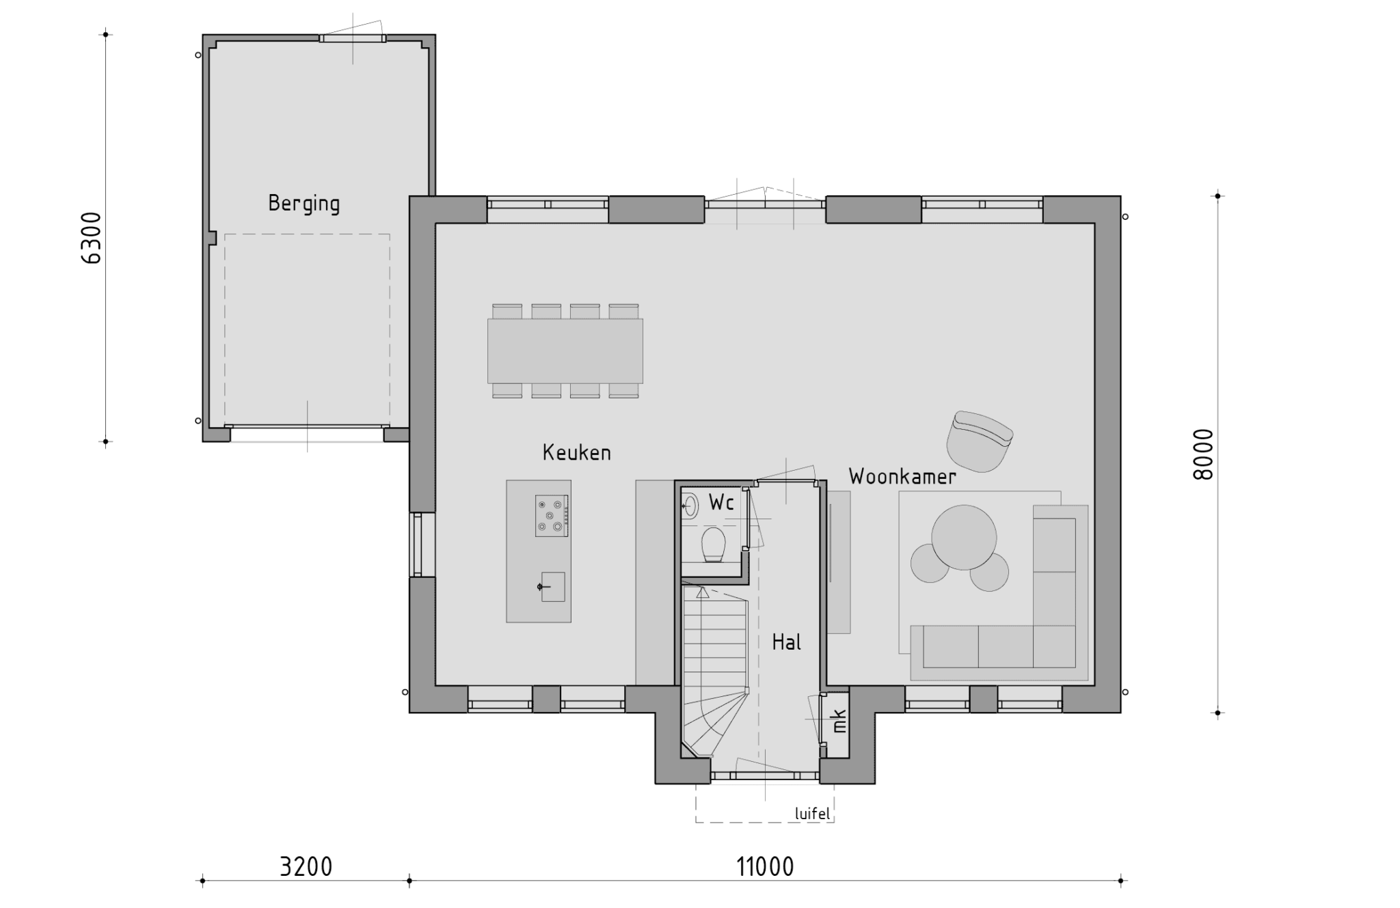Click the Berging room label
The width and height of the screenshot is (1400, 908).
pos(304,204)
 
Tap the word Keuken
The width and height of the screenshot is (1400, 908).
pos(576,452)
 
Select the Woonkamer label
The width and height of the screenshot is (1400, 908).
pos(902,476)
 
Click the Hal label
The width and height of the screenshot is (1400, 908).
pos(786,642)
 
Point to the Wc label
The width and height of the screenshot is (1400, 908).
pos(721,502)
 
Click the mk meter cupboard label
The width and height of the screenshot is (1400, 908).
pos(839,721)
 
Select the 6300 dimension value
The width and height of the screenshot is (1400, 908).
pos(91,238)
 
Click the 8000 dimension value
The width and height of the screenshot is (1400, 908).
pos(1202,454)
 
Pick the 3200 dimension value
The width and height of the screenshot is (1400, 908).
pos(306,866)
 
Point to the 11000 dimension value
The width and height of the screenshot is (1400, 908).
pos(765,866)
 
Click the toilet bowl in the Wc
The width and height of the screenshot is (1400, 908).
pos(713,545)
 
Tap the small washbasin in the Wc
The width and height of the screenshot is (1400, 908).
pos(690,506)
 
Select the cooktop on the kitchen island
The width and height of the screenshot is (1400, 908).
pos(552,516)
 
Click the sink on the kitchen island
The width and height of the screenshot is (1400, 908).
pos(552,587)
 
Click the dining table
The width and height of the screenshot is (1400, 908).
pos(565,351)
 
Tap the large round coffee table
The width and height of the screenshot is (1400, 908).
pos(964,537)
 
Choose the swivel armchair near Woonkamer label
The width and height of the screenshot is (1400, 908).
pos(979,441)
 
